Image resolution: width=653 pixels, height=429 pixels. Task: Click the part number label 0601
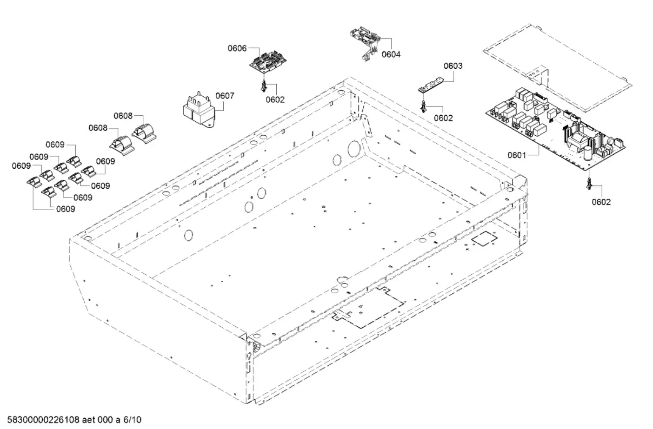tap(516, 155)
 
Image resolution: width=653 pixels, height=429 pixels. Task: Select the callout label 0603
tap(453, 66)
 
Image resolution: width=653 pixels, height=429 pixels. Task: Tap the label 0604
tap(391, 54)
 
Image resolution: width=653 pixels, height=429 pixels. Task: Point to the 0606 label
tap(237, 48)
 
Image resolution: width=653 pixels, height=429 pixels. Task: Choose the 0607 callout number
tap(225, 96)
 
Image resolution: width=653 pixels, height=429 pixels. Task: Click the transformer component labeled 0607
tap(197, 112)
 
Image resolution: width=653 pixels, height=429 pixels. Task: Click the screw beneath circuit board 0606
tap(264, 86)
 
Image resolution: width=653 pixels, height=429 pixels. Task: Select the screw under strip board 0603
tap(423, 106)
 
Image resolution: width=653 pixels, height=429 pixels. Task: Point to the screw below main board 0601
tap(589, 183)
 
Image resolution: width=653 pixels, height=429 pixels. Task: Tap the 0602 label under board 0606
tap(275, 99)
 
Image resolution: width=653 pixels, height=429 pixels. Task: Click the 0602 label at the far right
tap(601, 202)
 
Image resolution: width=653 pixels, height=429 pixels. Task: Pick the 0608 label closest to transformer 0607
tap(123, 116)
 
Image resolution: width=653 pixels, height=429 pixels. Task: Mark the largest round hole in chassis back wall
tap(354, 148)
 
